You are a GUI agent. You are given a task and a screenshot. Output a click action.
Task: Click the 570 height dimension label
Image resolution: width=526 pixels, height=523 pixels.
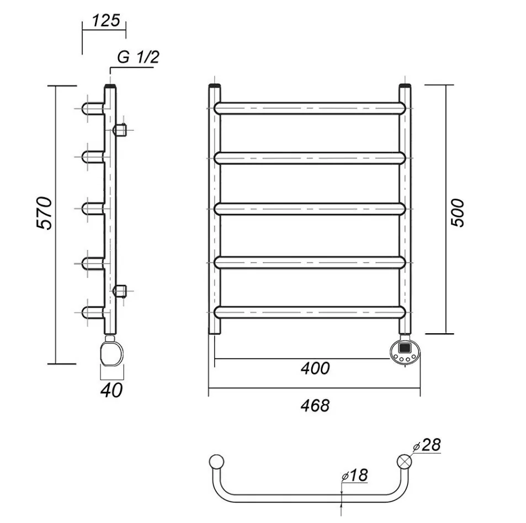coord(44,213)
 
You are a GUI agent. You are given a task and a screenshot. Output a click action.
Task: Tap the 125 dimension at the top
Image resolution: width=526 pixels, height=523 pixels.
coord(106,21)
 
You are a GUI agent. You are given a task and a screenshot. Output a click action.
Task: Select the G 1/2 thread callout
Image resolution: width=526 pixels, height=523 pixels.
coord(138,57)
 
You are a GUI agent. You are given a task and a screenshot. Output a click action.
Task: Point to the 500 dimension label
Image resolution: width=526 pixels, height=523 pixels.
coord(458,212)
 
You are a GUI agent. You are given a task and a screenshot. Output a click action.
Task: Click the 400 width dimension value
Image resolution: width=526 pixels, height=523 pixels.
coord(315,368)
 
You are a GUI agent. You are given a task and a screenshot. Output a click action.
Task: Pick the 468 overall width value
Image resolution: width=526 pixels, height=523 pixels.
coord(315,405)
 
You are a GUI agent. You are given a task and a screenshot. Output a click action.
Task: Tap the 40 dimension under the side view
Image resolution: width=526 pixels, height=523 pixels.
coord(111,390)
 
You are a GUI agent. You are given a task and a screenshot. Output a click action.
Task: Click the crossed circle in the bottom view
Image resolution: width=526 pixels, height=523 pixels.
coord(405,461)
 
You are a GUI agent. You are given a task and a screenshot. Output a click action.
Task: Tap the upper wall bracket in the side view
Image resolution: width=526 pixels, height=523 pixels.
coord(120,130)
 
